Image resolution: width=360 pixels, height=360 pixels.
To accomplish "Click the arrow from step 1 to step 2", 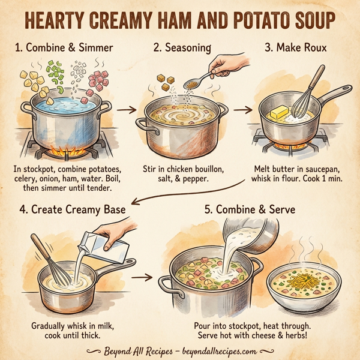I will tap(124, 110).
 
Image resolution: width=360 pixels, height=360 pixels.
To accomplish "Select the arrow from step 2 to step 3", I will tap(242, 110).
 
